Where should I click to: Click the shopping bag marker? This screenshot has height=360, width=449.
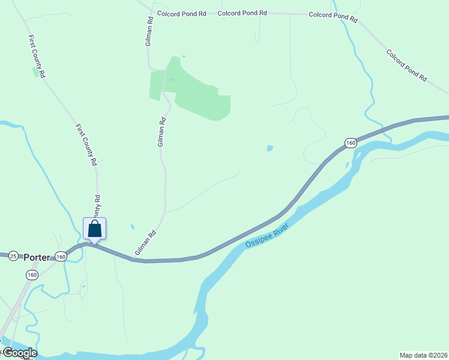(x=94, y=229)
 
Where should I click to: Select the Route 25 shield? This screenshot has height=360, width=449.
(x=14, y=256)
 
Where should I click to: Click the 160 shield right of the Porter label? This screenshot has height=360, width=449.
(x=61, y=256)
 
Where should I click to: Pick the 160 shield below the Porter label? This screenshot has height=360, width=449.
(x=32, y=274)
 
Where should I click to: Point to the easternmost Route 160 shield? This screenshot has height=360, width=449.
(x=351, y=143)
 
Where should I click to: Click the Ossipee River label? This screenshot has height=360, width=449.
(x=267, y=235)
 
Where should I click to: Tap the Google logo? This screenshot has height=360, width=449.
(x=19, y=353)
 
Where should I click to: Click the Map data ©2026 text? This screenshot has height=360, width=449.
(x=423, y=355)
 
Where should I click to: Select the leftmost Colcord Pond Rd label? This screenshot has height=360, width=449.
(x=181, y=13)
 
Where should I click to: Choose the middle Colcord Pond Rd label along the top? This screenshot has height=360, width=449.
(x=242, y=13)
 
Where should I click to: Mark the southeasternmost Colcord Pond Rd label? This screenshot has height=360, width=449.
(x=406, y=65)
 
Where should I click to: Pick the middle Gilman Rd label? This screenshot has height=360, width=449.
(x=161, y=132)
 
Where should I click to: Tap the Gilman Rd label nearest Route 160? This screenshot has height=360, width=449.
(x=145, y=242)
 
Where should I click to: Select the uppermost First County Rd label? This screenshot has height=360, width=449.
(x=37, y=56)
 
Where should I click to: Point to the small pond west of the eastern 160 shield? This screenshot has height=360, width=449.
(x=270, y=148)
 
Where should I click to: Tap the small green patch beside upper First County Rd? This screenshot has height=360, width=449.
(x=34, y=71)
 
